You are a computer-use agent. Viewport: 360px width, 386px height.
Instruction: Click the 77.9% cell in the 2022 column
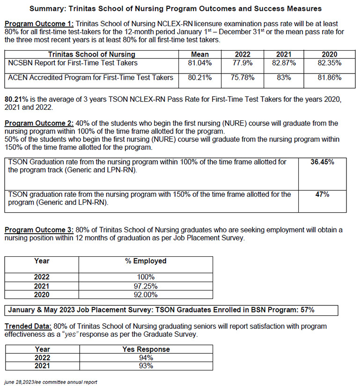coord(242,63)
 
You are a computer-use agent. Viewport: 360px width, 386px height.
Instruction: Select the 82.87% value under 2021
coord(284,63)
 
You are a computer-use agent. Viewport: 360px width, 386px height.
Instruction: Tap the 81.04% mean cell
coord(200,63)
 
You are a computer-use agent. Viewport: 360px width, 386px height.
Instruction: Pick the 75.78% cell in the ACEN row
coord(242,78)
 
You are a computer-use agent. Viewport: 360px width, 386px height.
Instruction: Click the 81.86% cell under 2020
coord(329,78)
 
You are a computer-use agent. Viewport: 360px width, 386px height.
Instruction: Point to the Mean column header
coord(200,55)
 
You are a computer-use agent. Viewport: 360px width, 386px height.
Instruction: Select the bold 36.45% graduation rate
coord(322,162)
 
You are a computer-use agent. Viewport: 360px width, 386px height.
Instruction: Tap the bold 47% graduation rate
coord(322,194)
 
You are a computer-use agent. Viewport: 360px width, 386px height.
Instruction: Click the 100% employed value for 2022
coord(146,277)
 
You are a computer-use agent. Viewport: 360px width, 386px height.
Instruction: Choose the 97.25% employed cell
coord(146,286)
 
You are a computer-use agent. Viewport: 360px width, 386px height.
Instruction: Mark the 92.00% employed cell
coord(146,295)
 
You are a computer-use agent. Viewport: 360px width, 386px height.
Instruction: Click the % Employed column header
coord(146,261)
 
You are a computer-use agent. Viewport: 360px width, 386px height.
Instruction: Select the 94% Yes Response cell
coord(146,358)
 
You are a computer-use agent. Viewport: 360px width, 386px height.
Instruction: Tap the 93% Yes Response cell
coord(146,366)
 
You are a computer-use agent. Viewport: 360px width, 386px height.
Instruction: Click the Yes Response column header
coord(146,349)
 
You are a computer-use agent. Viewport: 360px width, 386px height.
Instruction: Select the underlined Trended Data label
coord(28,326)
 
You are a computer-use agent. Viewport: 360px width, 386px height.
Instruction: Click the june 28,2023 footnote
coord(51,382)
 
